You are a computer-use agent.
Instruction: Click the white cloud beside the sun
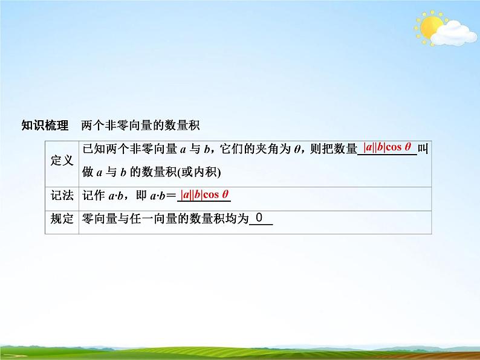454,32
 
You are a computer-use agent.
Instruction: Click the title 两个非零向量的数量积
140,126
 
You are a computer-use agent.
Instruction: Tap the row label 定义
62,160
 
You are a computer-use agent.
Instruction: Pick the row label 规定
62,220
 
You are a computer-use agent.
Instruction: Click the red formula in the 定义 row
388,147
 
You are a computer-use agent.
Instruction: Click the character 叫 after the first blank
423,149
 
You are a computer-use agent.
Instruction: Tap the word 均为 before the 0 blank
238,220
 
